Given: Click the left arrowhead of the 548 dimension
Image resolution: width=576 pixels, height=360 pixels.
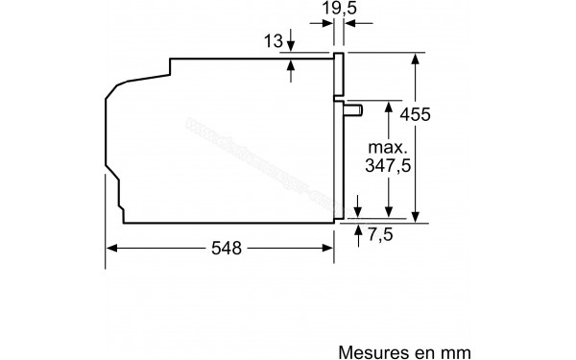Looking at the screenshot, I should pyautogui.click(x=111, y=247).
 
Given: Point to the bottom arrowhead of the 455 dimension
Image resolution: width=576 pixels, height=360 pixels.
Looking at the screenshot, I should pyautogui.click(x=417, y=217).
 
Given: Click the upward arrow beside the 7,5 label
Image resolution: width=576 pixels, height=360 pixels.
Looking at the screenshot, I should pyautogui.click(x=357, y=230).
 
